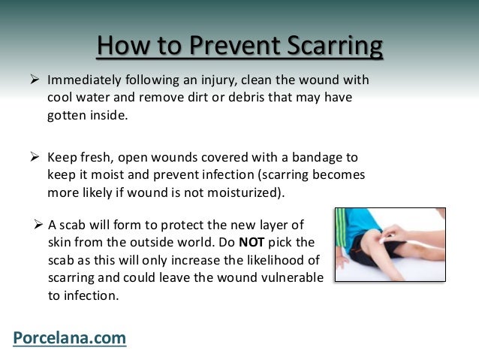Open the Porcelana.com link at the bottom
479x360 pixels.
(69, 338)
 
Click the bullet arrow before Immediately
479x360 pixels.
(34, 80)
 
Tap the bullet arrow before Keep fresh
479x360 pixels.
(34, 158)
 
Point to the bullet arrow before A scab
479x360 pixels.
(39, 224)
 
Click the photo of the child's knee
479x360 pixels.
(389, 244)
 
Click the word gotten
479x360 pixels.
(67, 116)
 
